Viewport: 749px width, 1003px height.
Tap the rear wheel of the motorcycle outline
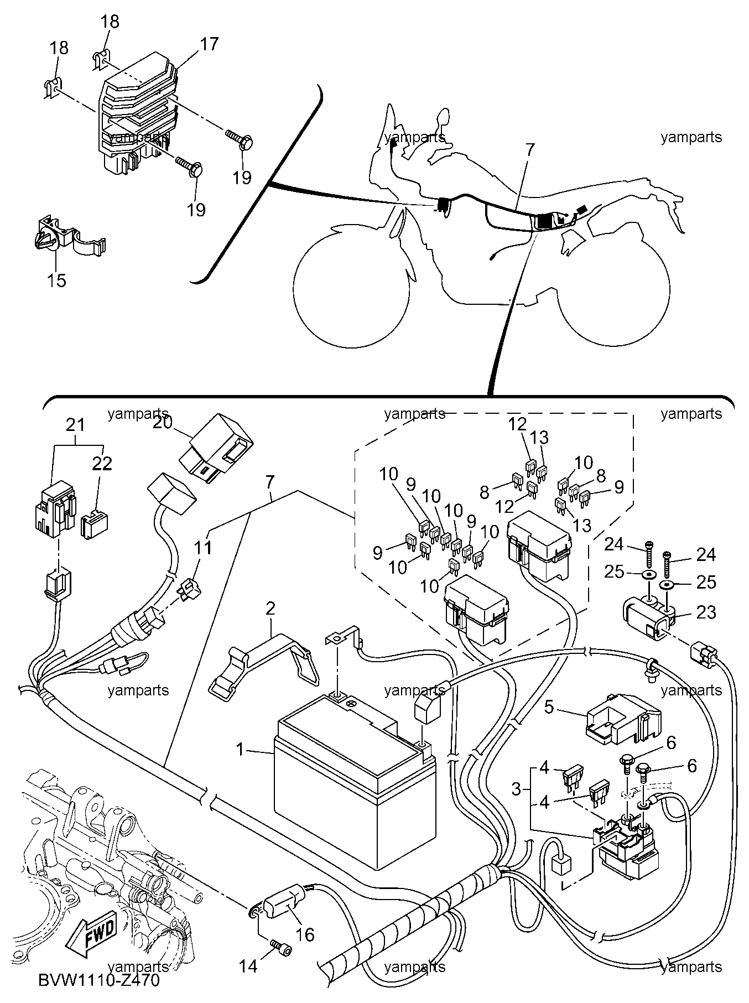(613, 288)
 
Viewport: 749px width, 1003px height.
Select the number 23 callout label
(705, 612)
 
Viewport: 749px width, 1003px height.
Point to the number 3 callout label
(516, 788)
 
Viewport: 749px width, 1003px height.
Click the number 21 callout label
(76, 425)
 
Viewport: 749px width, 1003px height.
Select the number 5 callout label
(549, 706)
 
